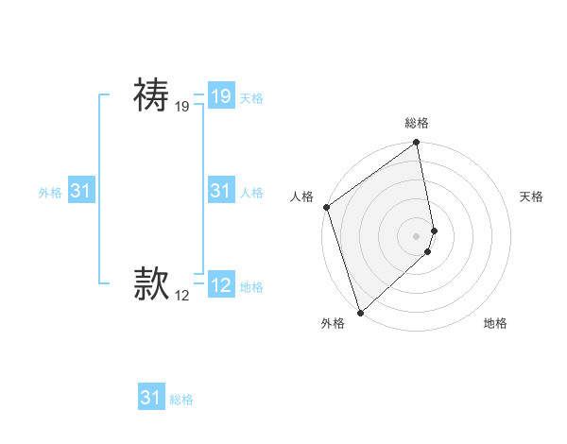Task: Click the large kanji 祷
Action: point(151,94)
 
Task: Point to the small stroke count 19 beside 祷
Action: point(182,108)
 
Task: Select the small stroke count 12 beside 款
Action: point(182,296)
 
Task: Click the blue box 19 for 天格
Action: point(220,96)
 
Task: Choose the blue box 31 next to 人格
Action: point(220,191)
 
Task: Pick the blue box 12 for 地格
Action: point(220,284)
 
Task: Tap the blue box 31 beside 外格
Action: point(80,191)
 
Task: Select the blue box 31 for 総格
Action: point(150,398)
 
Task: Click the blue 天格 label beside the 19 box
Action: point(251,98)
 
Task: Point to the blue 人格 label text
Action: point(251,193)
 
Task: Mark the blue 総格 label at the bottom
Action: point(181,400)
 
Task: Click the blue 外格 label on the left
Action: point(50,193)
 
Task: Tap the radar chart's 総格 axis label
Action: point(417,123)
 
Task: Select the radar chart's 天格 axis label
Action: point(532,196)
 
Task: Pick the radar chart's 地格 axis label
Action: point(495,323)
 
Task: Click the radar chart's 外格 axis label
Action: point(333,323)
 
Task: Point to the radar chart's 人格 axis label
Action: point(301,196)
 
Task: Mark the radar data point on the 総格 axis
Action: point(417,144)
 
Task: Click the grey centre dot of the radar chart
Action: point(417,235)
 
